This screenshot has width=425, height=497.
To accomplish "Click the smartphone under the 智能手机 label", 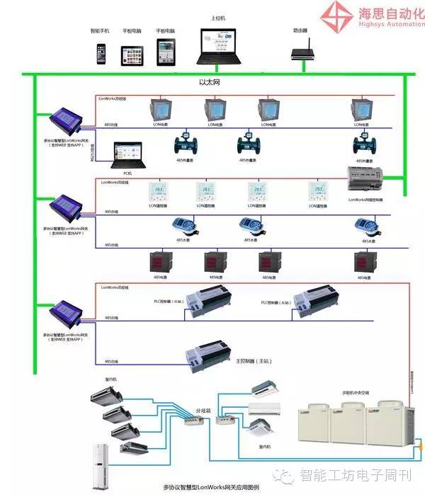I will click(x=101, y=55).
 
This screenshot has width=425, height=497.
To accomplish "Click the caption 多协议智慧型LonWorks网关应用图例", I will click(x=212, y=488).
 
